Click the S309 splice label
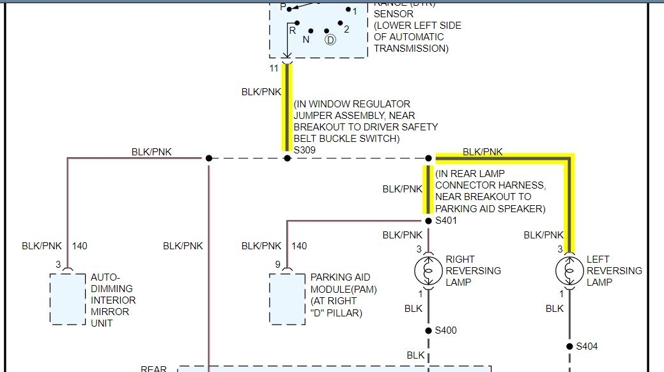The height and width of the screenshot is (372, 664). pos(304,150)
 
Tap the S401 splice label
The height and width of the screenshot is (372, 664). pos(446,221)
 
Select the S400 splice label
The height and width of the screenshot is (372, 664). pos(446,330)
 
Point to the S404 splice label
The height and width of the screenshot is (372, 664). pos(587,346)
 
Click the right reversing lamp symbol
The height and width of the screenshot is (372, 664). pos(428,271)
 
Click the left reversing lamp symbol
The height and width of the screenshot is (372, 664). pos(569,271)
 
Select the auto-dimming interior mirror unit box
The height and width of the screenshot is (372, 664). pos(68,298)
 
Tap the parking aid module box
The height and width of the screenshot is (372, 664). pos(287,298)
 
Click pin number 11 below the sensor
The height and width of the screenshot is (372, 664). pos(274,68)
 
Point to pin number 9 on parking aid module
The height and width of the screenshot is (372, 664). pos(278,264)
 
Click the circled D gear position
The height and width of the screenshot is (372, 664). pos(330,40)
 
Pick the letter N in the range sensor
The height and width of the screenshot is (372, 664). pos(306,39)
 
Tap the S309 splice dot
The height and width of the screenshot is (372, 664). pos(287,158)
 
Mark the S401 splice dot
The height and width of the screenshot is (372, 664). pos(428,221)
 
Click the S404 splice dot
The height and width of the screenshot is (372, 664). pos(569,346)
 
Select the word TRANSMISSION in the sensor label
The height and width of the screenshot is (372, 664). pos(411,49)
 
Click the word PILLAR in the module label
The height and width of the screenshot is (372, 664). pos(346,313)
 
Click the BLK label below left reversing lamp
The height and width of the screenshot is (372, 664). pos(555,308)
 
